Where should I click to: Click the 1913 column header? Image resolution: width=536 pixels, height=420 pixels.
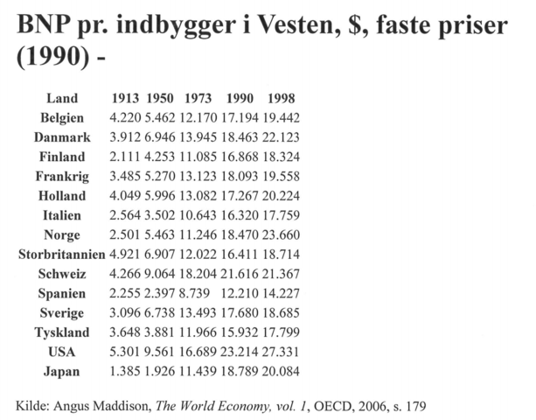point(126,99)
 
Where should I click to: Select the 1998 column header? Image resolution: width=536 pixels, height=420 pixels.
point(281,99)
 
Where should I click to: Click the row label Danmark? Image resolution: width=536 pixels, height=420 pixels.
point(61,137)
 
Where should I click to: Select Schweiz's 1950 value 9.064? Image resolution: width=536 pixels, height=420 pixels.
point(160,273)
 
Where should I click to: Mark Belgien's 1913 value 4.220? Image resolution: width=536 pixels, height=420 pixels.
point(126,118)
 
